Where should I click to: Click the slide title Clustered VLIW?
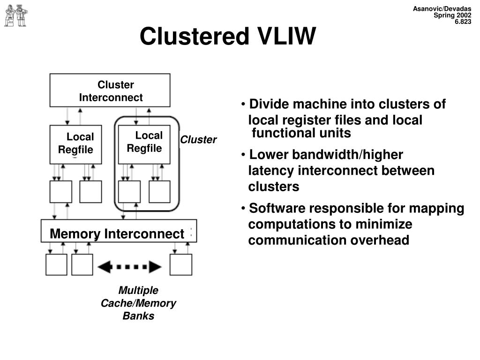point(227,36)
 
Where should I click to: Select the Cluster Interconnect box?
point(110,90)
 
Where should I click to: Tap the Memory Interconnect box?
point(119,231)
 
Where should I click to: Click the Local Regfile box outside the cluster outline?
point(75,144)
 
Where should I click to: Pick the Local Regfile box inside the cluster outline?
point(144,144)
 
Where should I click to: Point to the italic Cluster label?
point(198,140)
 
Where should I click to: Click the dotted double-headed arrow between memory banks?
point(129,267)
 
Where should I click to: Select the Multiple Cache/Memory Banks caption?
point(138,303)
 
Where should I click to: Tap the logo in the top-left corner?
point(15,15)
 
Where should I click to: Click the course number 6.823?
point(463,22)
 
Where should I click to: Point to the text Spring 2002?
point(452,15)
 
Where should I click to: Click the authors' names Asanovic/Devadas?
point(442,8)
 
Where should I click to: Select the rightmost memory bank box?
point(181,264)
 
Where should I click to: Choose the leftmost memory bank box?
point(56,264)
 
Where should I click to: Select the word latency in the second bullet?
point(271,171)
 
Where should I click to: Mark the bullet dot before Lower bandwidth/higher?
point(243,155)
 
